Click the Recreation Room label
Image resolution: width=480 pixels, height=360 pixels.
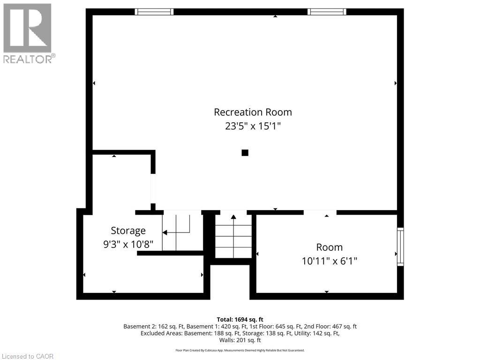(x=253, y=112)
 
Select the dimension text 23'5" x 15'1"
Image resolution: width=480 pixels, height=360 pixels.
(x=253, y=126)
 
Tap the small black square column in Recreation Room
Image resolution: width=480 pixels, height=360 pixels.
(x=245, y=153)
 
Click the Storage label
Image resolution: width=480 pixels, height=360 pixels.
(x=128, y=231)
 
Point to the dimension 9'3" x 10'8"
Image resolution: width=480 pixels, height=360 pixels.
(x=128, y=245)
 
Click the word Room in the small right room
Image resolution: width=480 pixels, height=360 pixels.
(x=329, y=247)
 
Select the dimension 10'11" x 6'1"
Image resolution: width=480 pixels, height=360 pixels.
(x=329, y=261)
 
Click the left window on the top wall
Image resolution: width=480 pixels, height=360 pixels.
(x=154, y=12)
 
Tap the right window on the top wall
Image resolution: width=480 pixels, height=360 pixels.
(x=327, y=12)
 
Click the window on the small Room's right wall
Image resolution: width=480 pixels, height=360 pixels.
(x=400, y=247)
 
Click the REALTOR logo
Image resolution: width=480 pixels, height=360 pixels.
(x=28, y=33)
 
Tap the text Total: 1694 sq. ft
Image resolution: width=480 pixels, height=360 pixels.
(x=240, y=319)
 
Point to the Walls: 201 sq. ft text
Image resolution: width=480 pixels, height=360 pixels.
(x=240, y=340)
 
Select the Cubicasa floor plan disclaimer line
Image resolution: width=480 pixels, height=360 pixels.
(x=240, y=350)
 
